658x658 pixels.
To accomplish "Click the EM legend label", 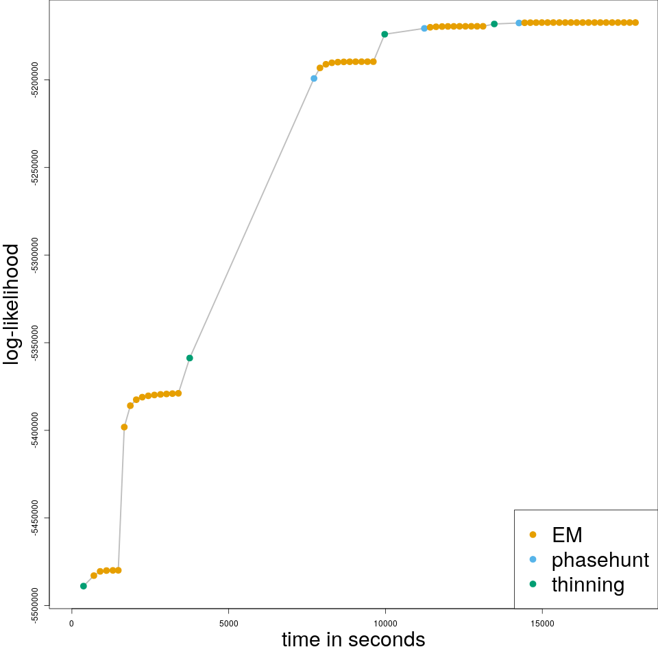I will pos(567,535).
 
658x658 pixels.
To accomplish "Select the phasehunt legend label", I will pos(600,560).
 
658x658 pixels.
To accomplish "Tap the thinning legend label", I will pos(588,585).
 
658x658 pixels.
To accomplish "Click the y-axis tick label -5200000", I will pos(34,80).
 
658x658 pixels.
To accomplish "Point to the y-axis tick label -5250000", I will pos(34,168).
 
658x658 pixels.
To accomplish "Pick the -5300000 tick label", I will pos(34,256).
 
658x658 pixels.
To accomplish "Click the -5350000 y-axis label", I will pos(34,343).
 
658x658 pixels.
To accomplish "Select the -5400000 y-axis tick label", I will pos(34,430).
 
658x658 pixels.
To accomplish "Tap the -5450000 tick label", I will pos(34,518).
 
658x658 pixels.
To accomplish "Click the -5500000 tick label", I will pos(34,606).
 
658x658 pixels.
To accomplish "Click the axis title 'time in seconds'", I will pos(353,640).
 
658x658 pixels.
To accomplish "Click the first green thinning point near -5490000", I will pos(84,586).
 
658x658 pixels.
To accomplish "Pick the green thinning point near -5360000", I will pos(190,358).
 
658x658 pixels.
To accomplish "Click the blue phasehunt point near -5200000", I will pos(314,78).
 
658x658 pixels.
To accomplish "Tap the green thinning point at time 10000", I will pos(385,34).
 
